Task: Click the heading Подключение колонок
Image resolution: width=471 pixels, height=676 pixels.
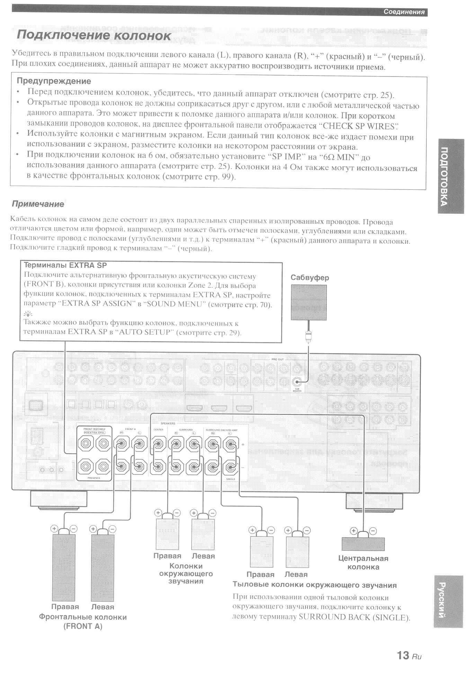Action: pos(94,35)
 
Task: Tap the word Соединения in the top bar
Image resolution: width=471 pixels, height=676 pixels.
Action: pos(404,12)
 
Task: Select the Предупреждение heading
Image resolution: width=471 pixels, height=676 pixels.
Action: pos(54,81)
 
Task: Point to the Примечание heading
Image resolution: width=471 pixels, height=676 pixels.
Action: pos(38,204)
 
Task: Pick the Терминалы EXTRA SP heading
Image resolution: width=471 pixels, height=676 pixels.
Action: pos(65,266)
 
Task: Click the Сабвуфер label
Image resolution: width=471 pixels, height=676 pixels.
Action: pos(310,278)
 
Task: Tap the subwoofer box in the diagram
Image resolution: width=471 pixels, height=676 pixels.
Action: pos(309,302)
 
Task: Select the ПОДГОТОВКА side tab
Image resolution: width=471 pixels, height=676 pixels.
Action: pos(451,176)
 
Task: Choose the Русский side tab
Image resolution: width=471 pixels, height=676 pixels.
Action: pos(448,601)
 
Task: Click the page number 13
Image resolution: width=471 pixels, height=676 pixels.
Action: pos(403,655)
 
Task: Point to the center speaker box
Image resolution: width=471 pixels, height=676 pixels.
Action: pos(363,544)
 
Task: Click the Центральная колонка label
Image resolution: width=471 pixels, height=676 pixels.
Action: pos(363,563)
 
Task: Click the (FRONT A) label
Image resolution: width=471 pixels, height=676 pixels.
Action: pos(83,626)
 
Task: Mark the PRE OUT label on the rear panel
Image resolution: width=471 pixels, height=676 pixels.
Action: pos(277,359)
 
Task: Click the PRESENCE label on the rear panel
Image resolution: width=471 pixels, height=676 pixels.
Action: pos(94,478)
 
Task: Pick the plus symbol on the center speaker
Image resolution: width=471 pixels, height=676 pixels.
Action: pos(353,531)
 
